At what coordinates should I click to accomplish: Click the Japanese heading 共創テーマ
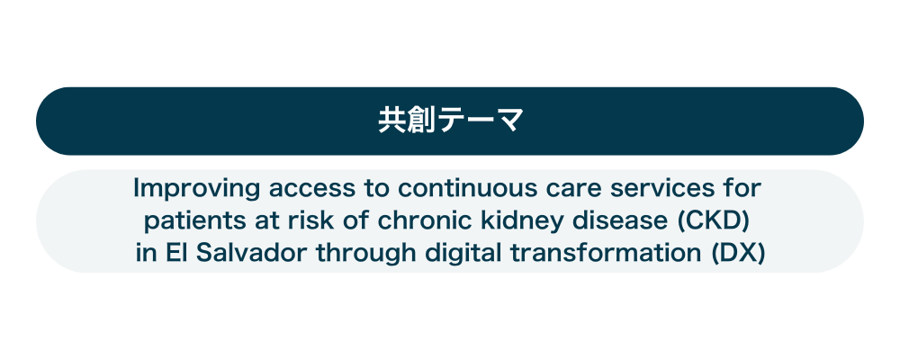[x=451, y=121]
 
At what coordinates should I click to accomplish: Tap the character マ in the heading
[x=509, y=121]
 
